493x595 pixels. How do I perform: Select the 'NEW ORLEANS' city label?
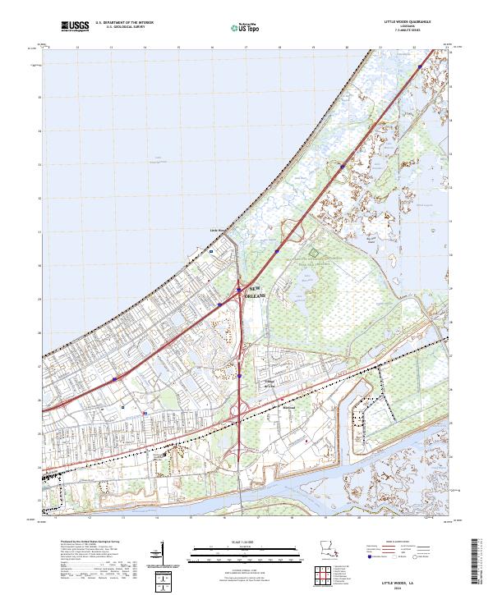[256, 291]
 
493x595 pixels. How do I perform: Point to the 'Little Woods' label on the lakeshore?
[217, 231]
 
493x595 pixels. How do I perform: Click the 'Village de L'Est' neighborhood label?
[269, 382]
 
